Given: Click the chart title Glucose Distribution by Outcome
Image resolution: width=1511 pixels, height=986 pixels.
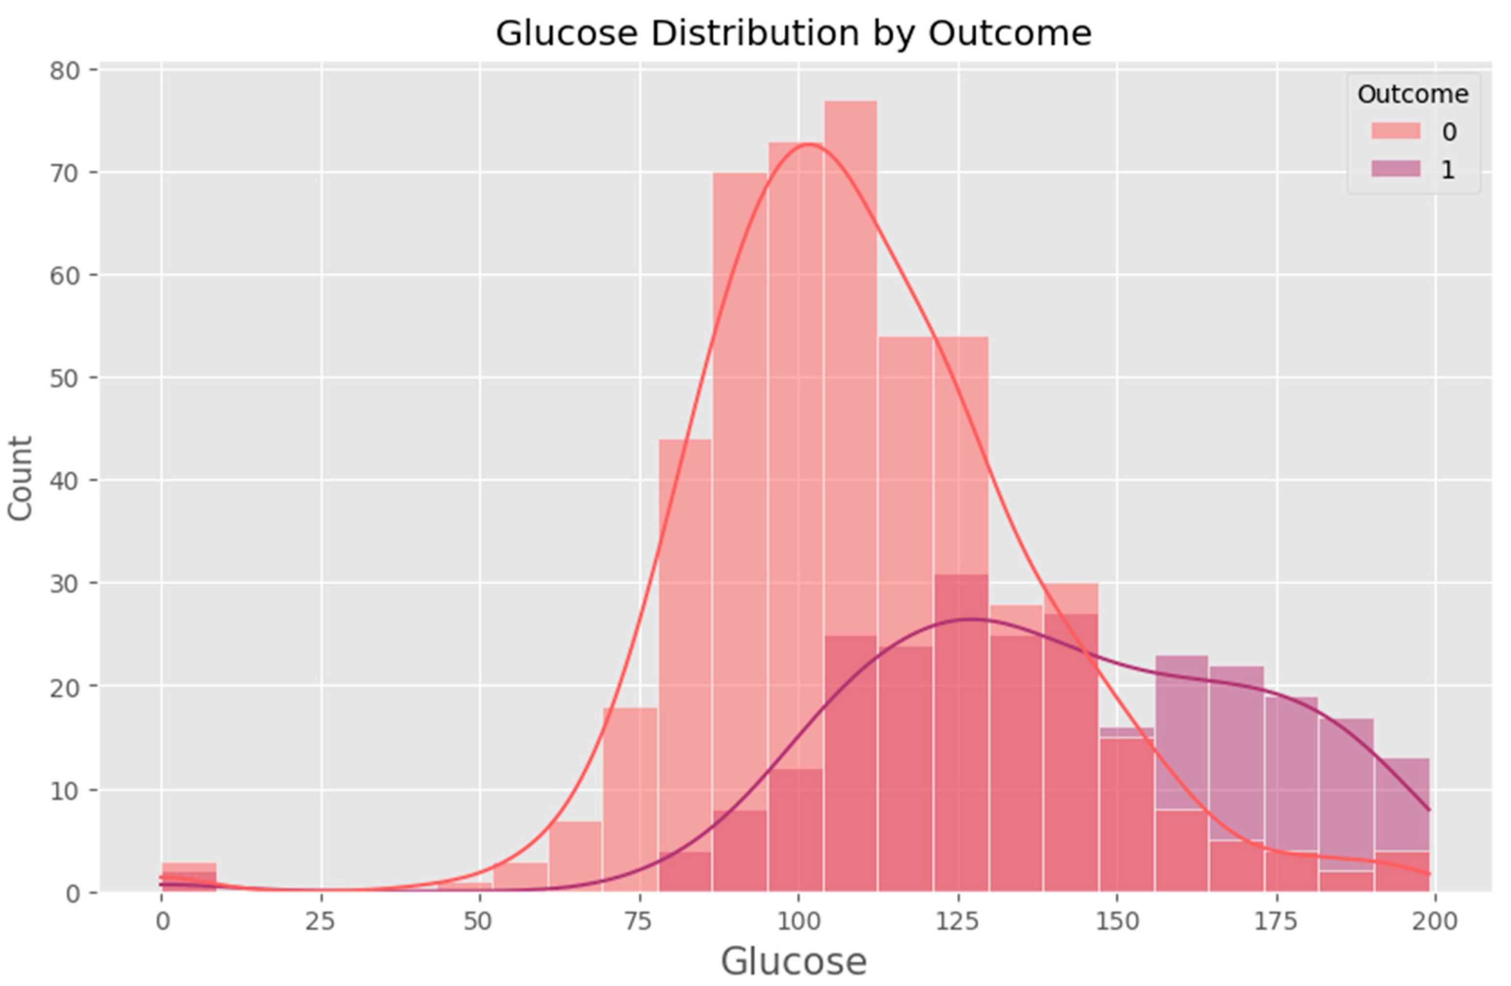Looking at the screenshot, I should coord(793,33).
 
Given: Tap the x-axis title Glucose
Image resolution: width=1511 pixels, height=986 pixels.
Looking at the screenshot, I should coord(793,961).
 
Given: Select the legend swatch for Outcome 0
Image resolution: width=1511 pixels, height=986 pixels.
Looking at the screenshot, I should coord(1395,131).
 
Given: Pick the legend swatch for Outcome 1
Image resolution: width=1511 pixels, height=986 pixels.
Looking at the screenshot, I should coord(1395,169).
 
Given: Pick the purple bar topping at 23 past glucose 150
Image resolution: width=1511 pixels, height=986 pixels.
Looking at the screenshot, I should coord(1182,731).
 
